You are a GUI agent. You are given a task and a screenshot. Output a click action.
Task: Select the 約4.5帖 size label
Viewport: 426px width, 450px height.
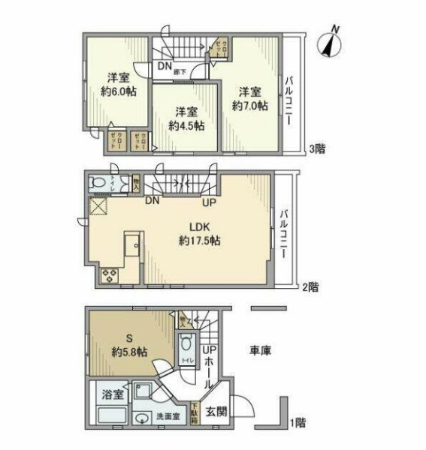coord(186,126)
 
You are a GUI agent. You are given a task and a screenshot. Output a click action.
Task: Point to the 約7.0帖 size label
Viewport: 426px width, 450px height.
coord(249,106)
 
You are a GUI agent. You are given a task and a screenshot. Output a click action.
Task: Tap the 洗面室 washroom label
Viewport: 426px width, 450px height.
coord(168,417)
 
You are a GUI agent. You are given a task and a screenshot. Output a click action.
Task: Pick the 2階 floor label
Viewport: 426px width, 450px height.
coord(310,286)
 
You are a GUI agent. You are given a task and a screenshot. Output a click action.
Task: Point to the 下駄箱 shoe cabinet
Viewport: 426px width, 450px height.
coord(195,412)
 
